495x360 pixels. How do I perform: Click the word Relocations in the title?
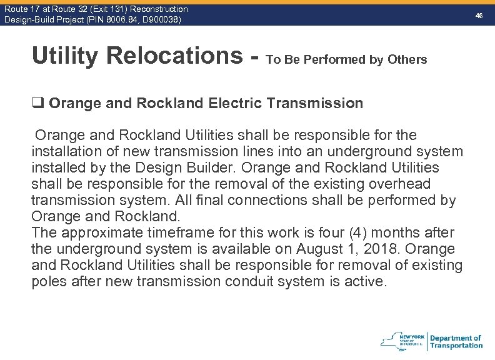[x=173, y=56]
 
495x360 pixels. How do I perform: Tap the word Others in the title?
[x=407, y=60]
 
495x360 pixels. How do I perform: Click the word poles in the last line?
[x=49, y=282]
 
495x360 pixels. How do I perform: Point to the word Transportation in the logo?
[x=456, y=346]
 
